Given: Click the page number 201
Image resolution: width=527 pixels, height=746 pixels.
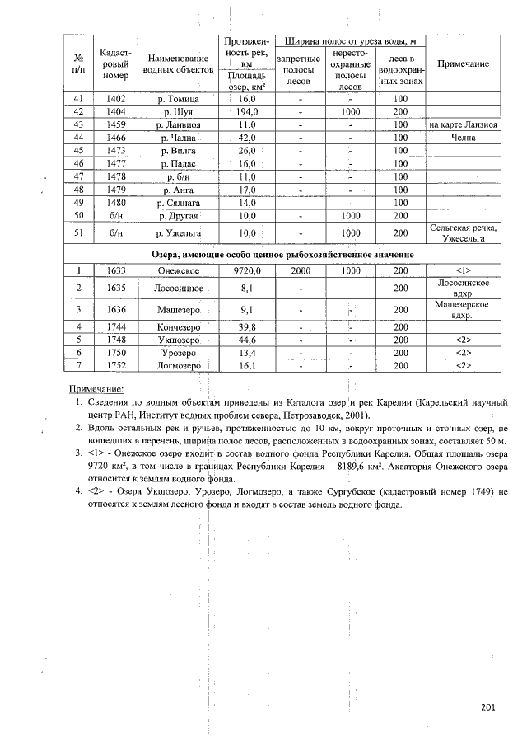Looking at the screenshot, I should (488, 707).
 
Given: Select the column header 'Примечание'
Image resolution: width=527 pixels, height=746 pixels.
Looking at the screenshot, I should (463, 64).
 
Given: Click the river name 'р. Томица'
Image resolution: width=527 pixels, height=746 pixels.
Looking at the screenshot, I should (179, 98).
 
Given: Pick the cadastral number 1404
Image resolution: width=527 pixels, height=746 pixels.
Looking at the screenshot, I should (115, 111).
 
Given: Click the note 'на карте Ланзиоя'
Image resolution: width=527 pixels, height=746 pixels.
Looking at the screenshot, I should (463, 124).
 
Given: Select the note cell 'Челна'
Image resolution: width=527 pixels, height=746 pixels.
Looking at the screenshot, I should (463, 138).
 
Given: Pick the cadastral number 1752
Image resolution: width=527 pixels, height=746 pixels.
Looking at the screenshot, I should (115, 364).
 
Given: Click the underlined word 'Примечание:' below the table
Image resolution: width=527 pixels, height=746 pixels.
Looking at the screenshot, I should (96, 387).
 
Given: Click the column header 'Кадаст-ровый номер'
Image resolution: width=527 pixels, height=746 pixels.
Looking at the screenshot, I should (115, 64).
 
